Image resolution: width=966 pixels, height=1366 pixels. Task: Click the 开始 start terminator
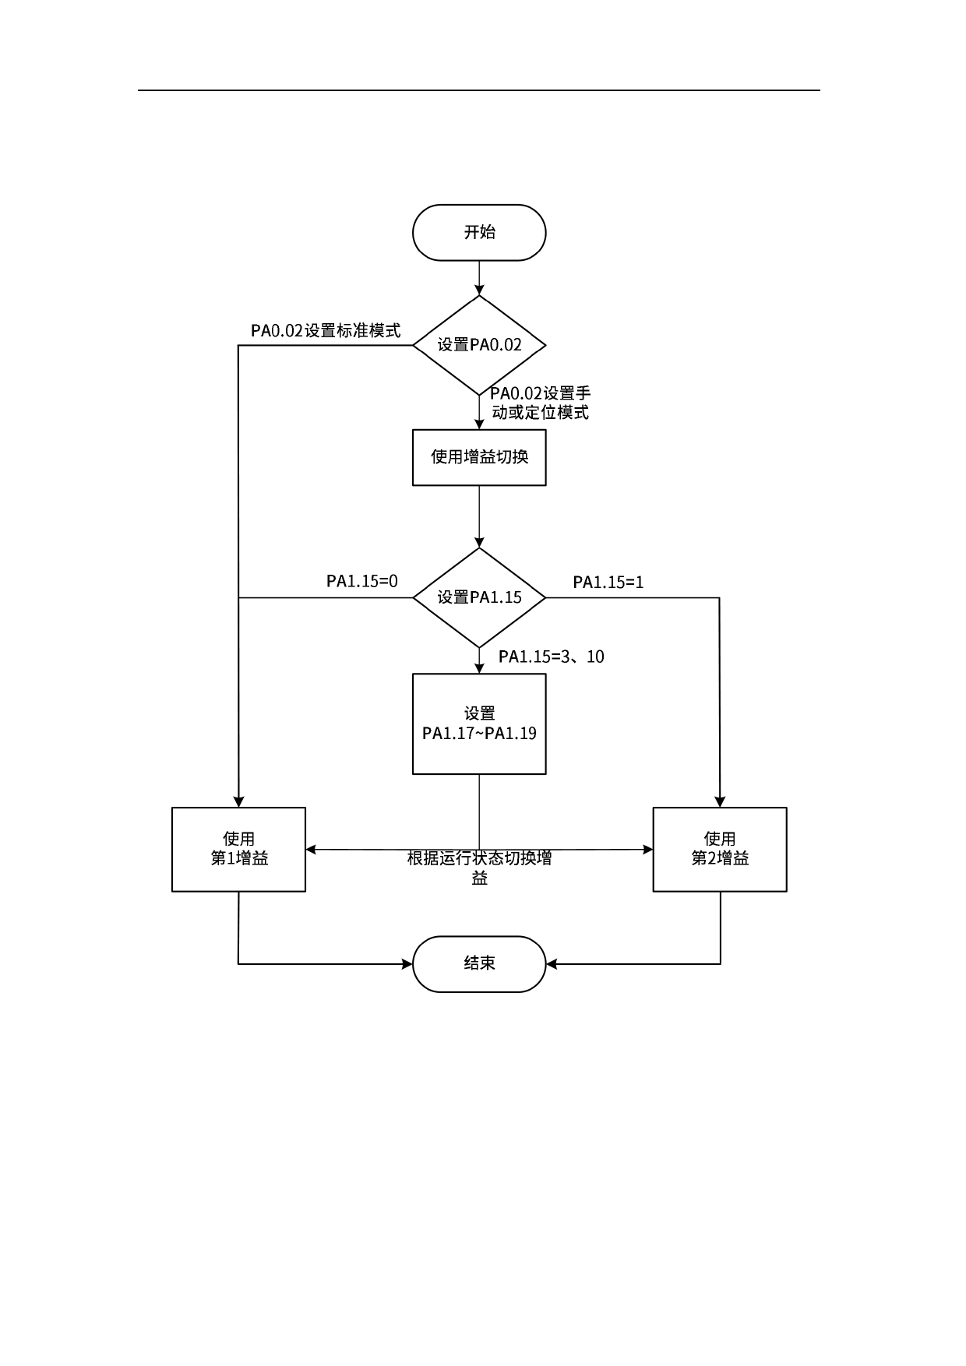(x=479, y=232)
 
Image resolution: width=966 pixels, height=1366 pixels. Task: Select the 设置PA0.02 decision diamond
(x=479, y=345)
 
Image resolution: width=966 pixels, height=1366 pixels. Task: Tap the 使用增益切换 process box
(x=479, y=457)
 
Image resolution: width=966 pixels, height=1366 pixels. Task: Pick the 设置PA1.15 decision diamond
(x=479, y=597)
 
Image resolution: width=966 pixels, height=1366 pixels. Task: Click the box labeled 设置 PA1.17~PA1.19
(x=479, y=723)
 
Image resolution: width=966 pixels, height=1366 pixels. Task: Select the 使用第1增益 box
(x=238, y=849)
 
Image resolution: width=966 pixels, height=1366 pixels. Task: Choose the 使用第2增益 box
(x=720, y=849)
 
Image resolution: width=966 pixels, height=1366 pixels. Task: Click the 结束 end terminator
(x=479, y=963)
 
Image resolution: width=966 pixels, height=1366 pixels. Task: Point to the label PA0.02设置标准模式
(x=326, y=331)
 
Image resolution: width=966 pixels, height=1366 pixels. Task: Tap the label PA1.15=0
(x=361, y=581)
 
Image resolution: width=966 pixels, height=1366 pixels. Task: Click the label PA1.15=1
(x=608, y=583)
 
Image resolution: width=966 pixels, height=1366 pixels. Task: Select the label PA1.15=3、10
(x=552, y=657)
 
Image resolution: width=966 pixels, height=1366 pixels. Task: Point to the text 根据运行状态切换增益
(x=479, y=868)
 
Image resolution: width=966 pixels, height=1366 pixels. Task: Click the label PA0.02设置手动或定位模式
(x=540, y=403)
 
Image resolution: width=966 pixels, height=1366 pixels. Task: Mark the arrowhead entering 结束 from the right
(x=552, y=964)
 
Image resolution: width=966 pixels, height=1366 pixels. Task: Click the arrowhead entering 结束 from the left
(x=407, y=964)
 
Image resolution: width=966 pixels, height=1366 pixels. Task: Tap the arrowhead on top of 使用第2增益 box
(x=720, y=802)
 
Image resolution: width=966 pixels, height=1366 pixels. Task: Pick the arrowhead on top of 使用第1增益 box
(x=238, y=802)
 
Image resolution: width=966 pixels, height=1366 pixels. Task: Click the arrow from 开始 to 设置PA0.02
(x=479, y=277)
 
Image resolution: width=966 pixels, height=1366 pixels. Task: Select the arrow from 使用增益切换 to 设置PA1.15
(x=479, y=516)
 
